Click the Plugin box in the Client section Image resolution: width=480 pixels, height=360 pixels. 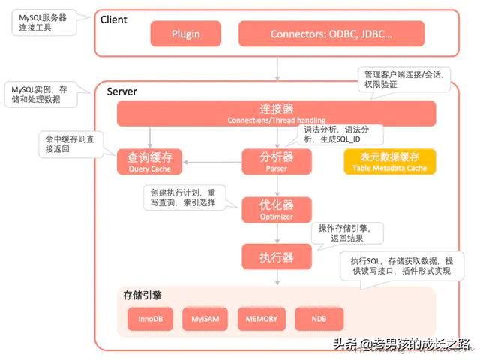(186, 34)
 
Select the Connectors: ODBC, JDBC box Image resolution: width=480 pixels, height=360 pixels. (331, 34)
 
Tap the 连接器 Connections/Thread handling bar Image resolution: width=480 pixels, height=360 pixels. (276, 114)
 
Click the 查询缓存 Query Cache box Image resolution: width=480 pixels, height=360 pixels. (150, 162)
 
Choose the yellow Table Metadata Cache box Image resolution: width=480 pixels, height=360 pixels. (389, 162)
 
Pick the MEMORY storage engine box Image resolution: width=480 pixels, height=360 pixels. (261, 319)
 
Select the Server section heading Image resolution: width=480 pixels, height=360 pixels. (121, 91)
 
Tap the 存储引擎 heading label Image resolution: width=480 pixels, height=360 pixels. (142, 295)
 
